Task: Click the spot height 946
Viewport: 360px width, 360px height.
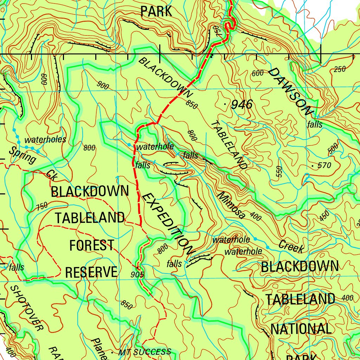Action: (x=242, y=104)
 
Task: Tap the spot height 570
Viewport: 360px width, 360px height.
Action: (x=324, y=165)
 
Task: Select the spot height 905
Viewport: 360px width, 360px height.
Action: (x=137, y=274)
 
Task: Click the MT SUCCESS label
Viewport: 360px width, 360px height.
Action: (x=144, y=352)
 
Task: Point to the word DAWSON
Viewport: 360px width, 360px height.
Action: (x=290, y=92)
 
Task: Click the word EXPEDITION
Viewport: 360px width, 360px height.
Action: (x=168, y=224)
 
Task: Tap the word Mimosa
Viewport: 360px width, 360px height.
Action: (x=231, y=205)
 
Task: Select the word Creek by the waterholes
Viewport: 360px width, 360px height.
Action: (x=291, y=246)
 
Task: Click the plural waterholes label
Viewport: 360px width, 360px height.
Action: (x=45, y=140)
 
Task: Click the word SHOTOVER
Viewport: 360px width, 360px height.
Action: (x=26, y=308)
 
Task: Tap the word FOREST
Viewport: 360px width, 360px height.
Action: (x=91, y=245)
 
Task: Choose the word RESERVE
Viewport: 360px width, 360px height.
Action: (x=91, y=272)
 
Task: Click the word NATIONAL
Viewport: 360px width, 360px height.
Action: (x=301, y=329)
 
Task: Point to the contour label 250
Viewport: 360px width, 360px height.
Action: (x=340, y=69)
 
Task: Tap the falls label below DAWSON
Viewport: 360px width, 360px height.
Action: (x=314, y=124)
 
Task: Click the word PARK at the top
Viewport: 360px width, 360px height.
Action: (x=156, y=12)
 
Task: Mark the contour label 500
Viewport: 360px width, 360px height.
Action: (x=333, y=149)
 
